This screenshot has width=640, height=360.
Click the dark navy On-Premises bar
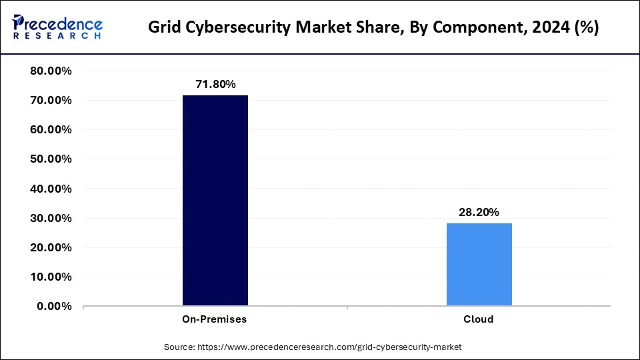click(215, 200)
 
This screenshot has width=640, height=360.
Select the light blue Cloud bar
click(479, 265)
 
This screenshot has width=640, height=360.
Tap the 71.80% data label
click(215, 84)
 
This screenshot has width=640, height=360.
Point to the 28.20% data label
click(479, 212)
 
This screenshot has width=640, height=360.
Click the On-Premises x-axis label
click(215, 319)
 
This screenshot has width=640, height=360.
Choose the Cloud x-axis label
click(479, 319)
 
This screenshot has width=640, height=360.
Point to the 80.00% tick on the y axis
click(51, 71)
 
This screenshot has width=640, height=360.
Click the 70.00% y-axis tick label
click(51, 101)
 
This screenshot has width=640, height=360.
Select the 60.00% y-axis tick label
click(51, 130)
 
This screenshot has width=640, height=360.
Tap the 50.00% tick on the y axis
click(51, 159)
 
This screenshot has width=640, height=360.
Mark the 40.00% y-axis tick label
click(51, 189)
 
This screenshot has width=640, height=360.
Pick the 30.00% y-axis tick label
click(51, 218)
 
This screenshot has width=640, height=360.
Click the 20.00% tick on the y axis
click(51, 247)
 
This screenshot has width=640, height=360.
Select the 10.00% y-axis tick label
click(51, 277)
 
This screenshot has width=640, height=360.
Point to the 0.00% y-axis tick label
click(54, 306)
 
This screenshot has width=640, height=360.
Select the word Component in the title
click(463, 27)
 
